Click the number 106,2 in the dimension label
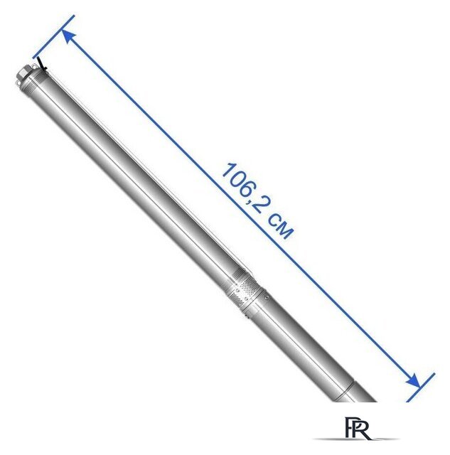(243, 188)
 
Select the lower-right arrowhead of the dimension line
(413, 381)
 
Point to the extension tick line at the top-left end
(54, 36)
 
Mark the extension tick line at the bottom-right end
(420, 387)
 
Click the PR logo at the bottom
(357, 428)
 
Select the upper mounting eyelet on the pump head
(33, 68)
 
